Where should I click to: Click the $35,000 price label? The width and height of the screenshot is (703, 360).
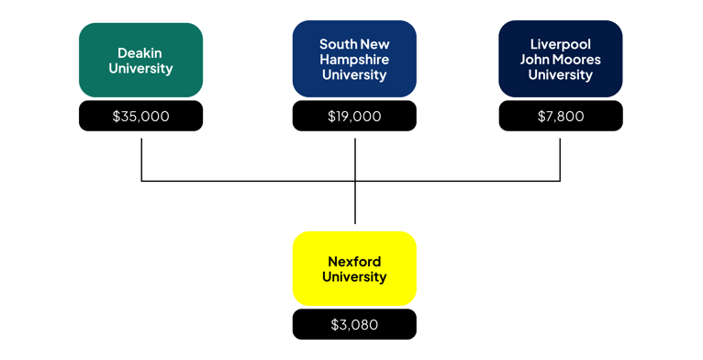(140, 117)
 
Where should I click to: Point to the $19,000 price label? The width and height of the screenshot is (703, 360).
(354, 117)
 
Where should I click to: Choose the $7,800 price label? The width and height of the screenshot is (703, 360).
(561, 117)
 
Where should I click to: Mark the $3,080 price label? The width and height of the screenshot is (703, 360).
(354, 324)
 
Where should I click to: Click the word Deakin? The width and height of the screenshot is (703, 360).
(139, 53)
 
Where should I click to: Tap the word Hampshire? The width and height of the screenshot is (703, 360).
(354, 60)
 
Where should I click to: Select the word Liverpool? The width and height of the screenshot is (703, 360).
(561, 44)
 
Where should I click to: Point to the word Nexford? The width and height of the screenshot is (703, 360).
(354, 262)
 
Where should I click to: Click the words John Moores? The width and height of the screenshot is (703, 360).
(561, 60)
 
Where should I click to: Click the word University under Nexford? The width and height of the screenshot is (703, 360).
(354, 277)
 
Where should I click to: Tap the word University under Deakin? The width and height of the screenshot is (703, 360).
(140, 69)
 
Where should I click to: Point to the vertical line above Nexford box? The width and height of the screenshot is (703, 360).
(354, 204)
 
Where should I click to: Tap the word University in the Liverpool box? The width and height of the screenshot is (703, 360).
(561, 75)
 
